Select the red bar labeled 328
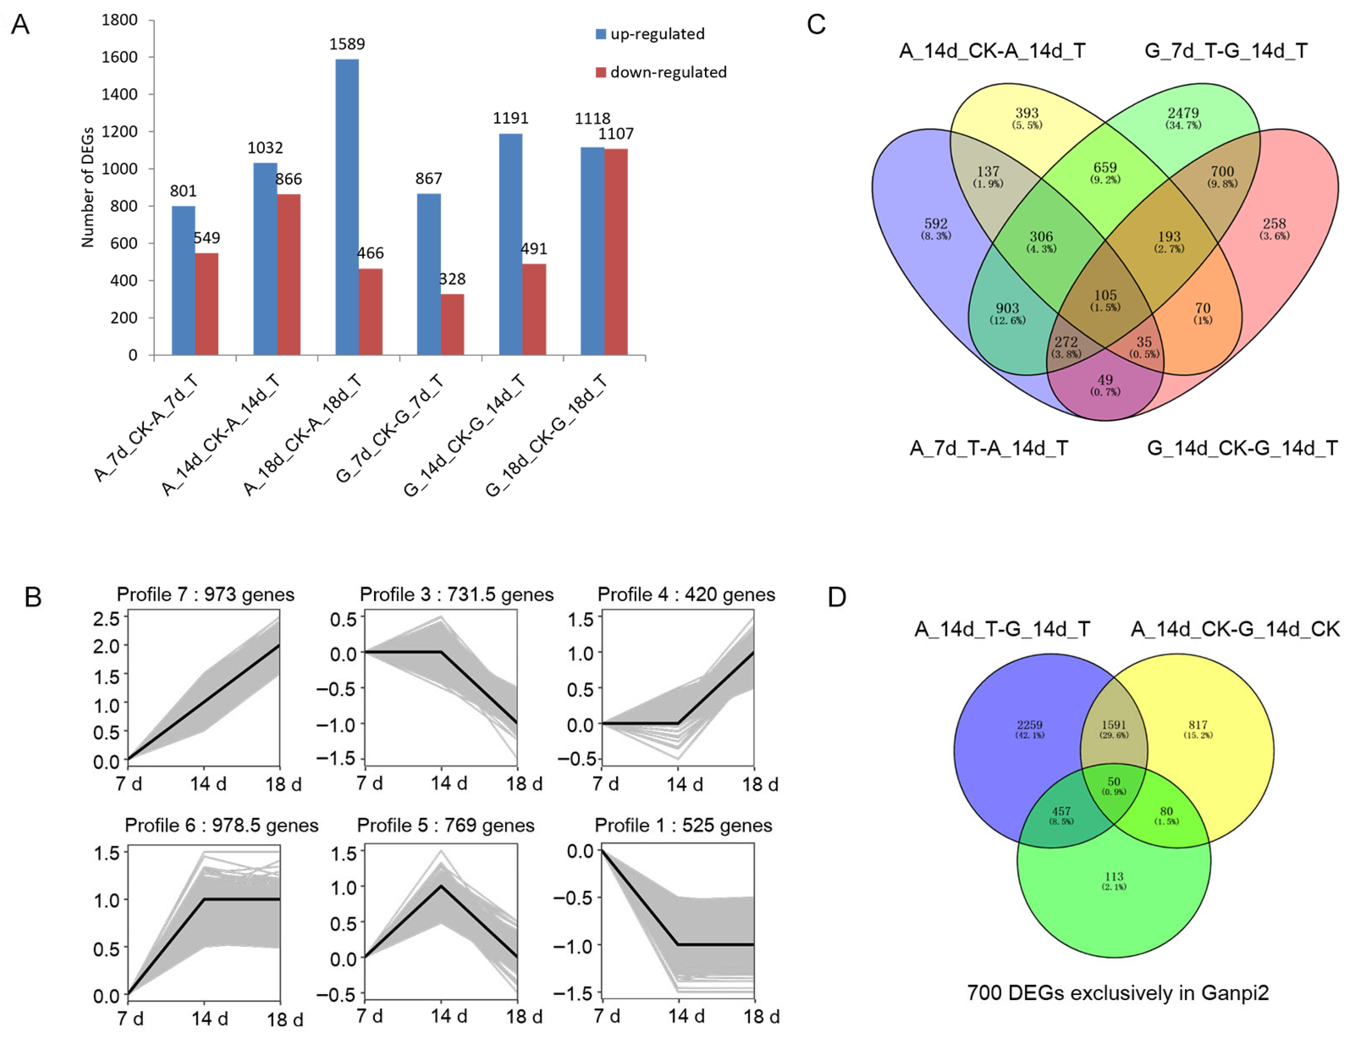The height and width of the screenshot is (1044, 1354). click(x=453, y=324)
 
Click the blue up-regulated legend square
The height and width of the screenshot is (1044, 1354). click(x=600, y=34)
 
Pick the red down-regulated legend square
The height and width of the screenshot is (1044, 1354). click(x=600, y=73)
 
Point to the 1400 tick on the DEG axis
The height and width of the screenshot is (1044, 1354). click(x=120, y=94)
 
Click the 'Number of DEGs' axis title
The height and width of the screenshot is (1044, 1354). click(x=87, y=187)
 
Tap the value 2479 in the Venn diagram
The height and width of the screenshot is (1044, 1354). click(x=1183, y=113)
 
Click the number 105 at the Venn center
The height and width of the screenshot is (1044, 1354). click(x=1105, y=295)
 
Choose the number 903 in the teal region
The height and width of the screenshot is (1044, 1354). click(x=1007, y=309)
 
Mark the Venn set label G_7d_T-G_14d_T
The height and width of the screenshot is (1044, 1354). click(x=1225, y=51)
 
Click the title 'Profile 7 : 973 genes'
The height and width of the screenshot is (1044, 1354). click(x=205, y=594)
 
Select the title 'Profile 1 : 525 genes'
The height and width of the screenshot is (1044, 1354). click(x=683, y=825)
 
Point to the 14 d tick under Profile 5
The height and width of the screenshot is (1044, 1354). click(x=449, y=1016)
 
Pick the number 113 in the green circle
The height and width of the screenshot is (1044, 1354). click(x=1114, y=877)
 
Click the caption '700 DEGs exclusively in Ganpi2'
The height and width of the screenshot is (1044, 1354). click(x=1118, y=993)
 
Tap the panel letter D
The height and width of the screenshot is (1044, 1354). click(x=837, y=597)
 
